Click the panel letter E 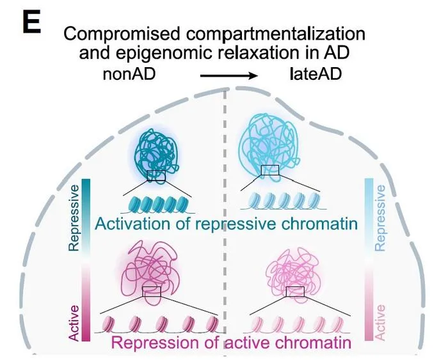pyautogui.click(x=31, y=21)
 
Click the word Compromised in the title pyautogui.click(x=122, y=34)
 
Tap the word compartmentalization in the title pyautogui.click(x=276, y=34)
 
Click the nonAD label pyautogui.click(x=129, y=74)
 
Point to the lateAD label pyautogui.click(x=316, y=74)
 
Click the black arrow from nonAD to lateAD pyautogui.click(x=229, y=75)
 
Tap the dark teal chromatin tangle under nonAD pyautogui.click(x=157, y=155)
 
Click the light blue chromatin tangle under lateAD pyautogui.click(x=269, y=147)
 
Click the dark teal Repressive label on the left pyautogui.click(x=74, y=218)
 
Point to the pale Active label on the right pyautogui.click(x=380, y=322)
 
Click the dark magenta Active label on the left pyautogui.click(x=74, y=323)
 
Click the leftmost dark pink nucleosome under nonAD pyautogui.click(x=108, y=325)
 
